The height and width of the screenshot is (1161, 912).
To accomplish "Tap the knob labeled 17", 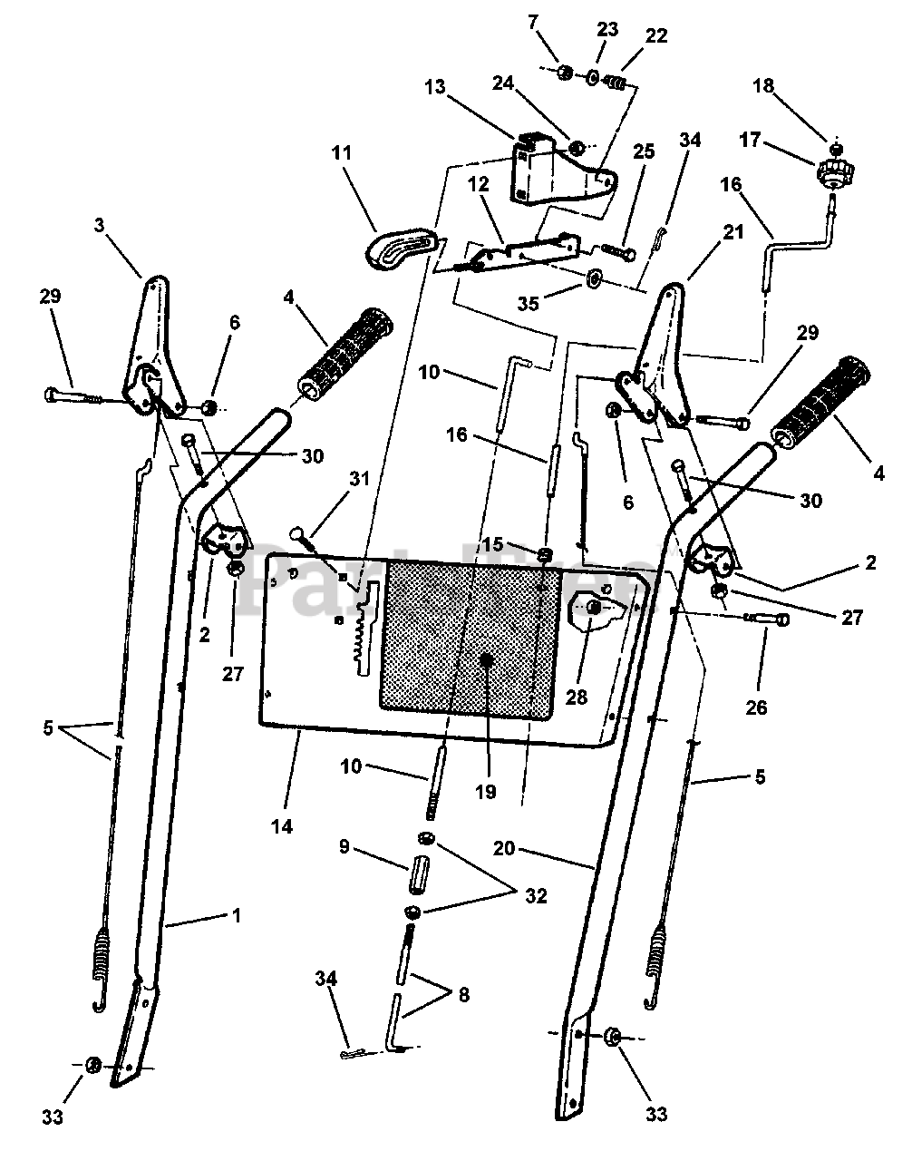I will (829, 171).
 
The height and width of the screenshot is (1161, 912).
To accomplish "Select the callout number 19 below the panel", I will (485, 792).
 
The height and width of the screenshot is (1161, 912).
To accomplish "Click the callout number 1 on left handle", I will (237, 916).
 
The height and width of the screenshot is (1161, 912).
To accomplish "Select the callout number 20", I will (505, 849).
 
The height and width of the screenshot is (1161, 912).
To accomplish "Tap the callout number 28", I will (577, 697).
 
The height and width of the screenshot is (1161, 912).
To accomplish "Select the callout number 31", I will (360, 479).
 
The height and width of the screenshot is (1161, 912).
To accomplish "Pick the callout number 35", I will (527, 303).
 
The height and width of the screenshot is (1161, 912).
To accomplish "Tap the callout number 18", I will (763, 86).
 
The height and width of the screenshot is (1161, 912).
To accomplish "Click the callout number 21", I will (733, 233).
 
